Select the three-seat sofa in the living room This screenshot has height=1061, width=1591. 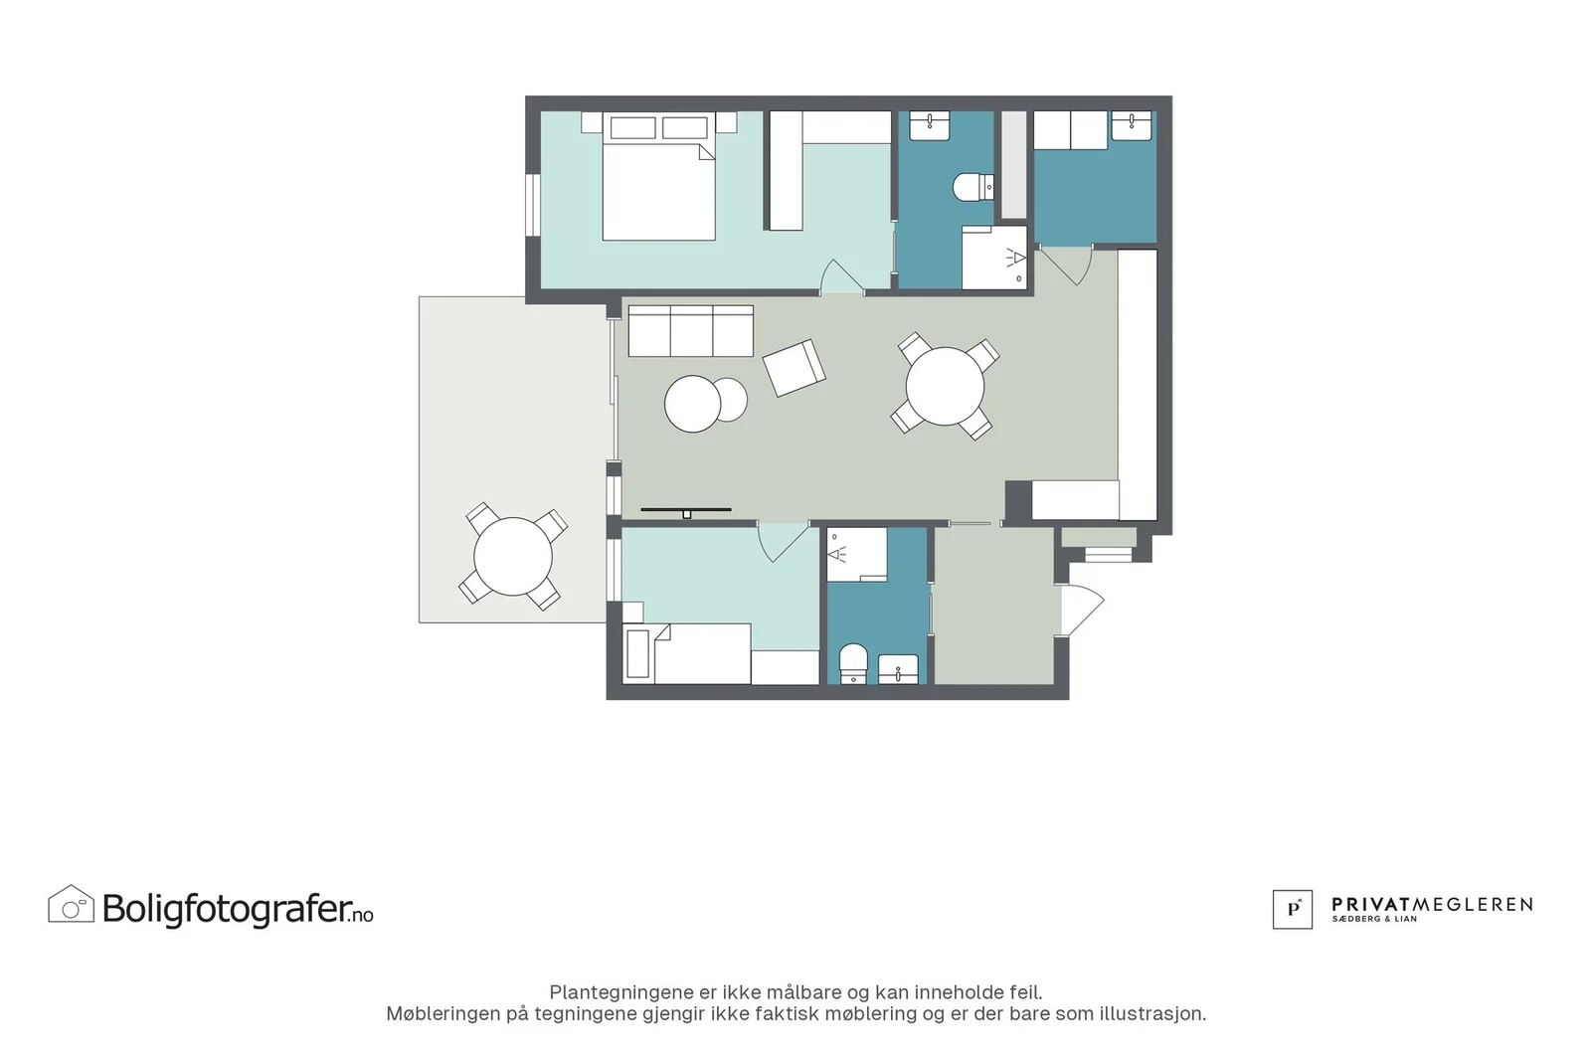pyautogui.click(x=691, y=331)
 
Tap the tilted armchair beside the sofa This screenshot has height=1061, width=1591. pyautogui.click(x=795, y=368)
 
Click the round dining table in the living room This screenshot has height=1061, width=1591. pyautogui.click(x=945, y=387)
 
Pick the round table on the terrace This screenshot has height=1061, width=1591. pyautogui.click(x=513, y=556)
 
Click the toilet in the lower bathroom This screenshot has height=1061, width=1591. pyautogui.click(x=853, y=663)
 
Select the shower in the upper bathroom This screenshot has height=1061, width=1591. pyautogui.click(x=994, y=258)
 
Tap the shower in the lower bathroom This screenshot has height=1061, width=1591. pyautogui.click(x=856, y=555)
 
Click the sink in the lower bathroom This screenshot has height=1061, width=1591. pyautogui.click(x=899, y=669)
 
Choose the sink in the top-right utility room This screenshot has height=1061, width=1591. pyautogui.click(x=1132, y=125)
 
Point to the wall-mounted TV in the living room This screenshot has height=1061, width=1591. pyautogui.click(x=686, y=511)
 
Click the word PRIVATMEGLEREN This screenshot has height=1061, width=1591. pyautogui.click(x=1432, y=904)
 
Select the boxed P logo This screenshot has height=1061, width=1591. pyautogui.click(x=1292, y=909)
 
